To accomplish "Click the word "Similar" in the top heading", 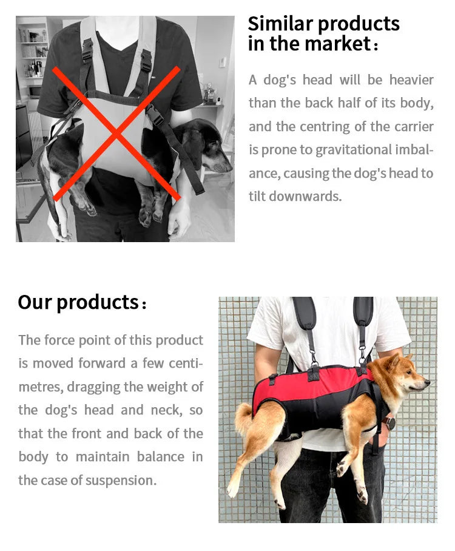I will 280,24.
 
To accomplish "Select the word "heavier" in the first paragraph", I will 411,80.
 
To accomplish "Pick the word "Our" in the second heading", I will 35,302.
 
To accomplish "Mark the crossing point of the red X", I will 116,134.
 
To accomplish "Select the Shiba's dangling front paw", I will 362,496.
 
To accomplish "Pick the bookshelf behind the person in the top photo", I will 33,55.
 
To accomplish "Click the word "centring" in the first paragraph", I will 340,127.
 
